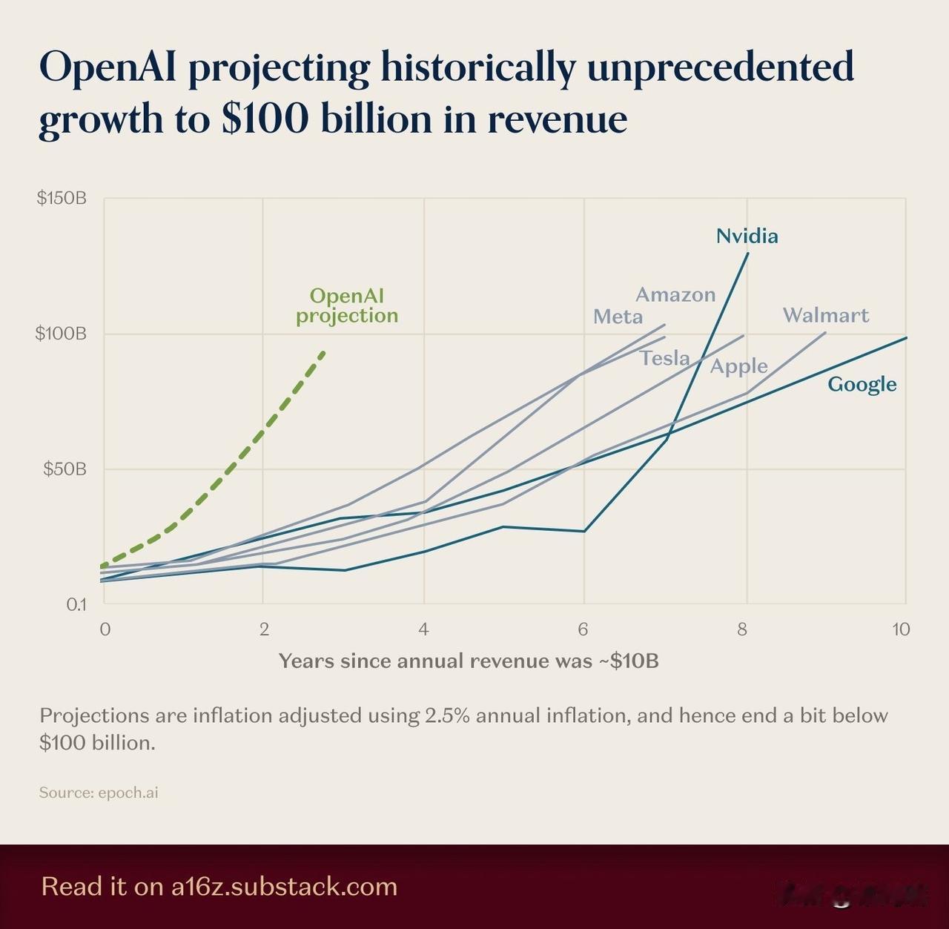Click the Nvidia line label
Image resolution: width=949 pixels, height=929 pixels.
(747, 236)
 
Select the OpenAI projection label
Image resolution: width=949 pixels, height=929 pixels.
(347, 305)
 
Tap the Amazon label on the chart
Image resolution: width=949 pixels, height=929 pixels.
(675, 294)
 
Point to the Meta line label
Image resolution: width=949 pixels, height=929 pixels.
(618, 317)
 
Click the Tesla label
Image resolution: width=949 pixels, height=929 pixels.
(665, 358)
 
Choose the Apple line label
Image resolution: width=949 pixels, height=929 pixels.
(738, 366)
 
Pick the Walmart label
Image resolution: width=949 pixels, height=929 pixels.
(825, 315)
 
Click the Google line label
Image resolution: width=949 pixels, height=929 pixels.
(862, 384)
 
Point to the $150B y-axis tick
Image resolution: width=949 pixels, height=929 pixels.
(62, 198)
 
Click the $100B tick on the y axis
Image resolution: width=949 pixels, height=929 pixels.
(61, 334)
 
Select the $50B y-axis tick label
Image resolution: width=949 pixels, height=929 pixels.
(65, 469)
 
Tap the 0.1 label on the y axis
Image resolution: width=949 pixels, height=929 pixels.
(76, 604)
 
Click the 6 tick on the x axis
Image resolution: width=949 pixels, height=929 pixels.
(583, 629)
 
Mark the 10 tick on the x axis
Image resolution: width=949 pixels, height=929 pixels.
(901, 629)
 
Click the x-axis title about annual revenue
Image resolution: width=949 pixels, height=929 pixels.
(469, 661)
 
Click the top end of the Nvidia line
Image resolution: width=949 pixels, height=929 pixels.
(747, 253)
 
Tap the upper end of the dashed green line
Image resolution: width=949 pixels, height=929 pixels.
(323, 351)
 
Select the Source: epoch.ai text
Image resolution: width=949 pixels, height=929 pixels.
(99, 793)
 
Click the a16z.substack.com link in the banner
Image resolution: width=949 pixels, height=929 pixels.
(284, 887)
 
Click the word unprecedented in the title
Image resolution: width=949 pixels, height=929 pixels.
(720, 67)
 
